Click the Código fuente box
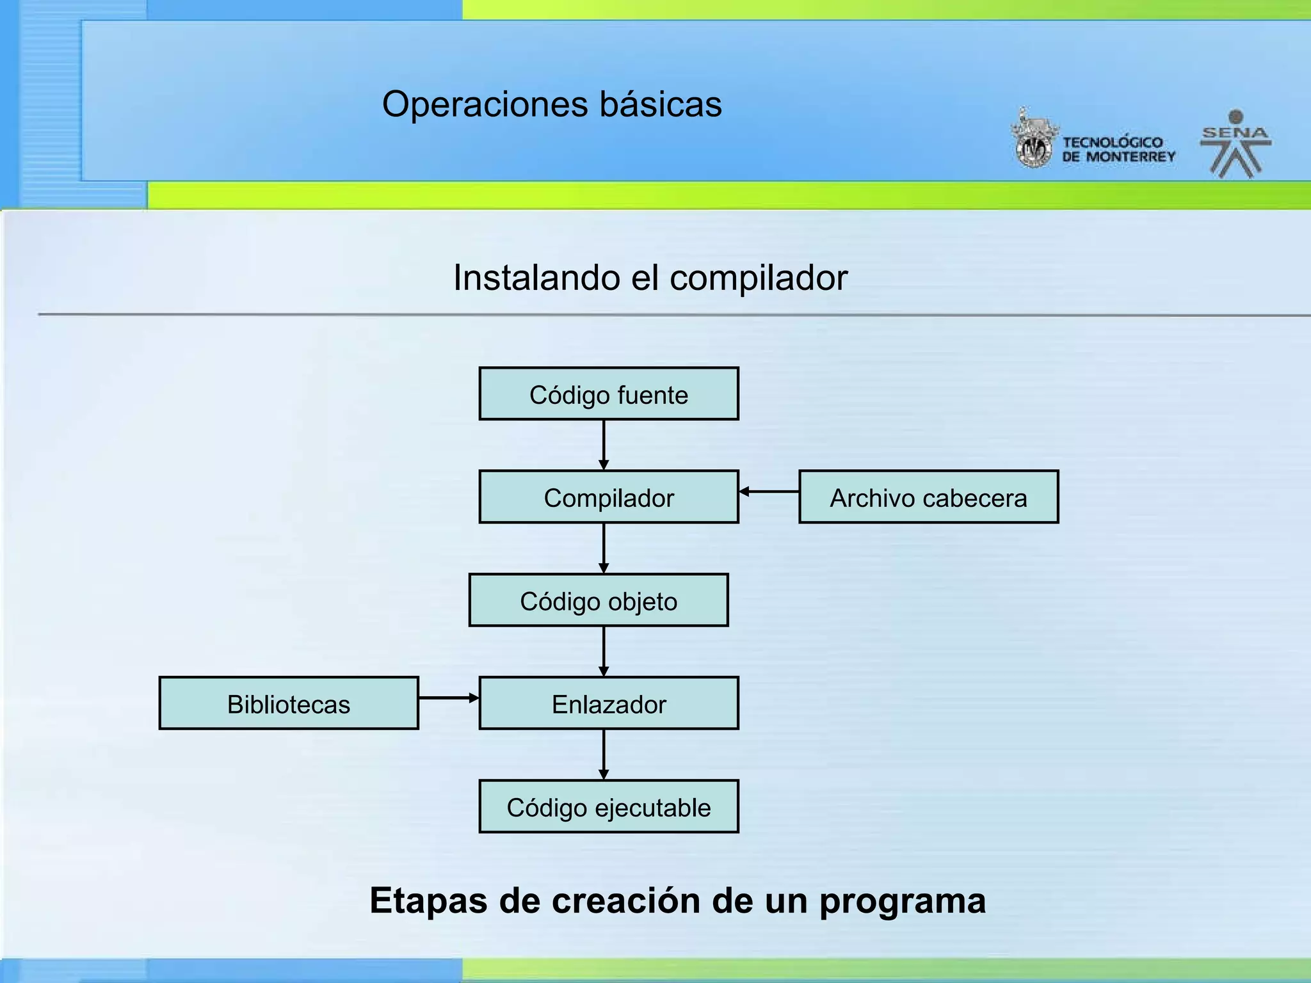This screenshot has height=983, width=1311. point(608,394)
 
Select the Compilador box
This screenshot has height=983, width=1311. point(608,497)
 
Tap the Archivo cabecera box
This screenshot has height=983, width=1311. point(928,497)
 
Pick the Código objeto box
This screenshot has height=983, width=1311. point(599,600)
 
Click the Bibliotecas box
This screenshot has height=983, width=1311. point(289,703)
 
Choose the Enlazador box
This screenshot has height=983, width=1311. point(608,703)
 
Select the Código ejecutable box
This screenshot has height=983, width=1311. point(608,806)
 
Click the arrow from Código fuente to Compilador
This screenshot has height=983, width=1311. point(604,445)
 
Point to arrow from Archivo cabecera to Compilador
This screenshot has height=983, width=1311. point(769,491)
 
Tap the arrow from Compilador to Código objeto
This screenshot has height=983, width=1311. point(604,548)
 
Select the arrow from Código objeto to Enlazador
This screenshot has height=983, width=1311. point(604,651)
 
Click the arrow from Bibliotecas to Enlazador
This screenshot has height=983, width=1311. point(449,698)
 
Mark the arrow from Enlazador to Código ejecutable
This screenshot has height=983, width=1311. point(604,754)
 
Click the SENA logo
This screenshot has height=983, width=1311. point(1235,144)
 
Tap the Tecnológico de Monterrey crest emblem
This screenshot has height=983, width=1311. point(1033,140)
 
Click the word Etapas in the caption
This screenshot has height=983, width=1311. point(428,901)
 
